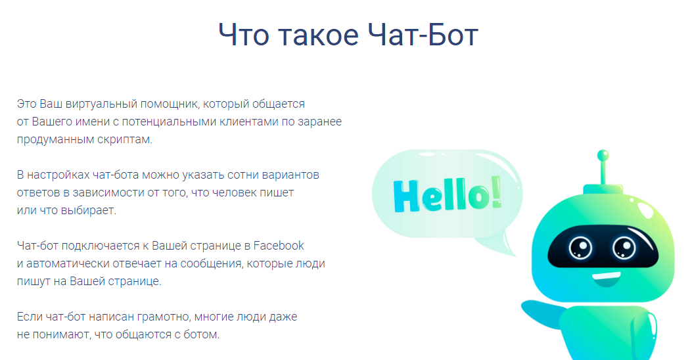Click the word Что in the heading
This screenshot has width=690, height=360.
243,35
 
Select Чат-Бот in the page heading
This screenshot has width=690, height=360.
423,35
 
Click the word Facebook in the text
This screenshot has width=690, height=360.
279,245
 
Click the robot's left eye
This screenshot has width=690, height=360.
580,248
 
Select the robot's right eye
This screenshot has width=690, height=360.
624,248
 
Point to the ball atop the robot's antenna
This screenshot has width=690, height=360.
603,155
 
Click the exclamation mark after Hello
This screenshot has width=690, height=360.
496,191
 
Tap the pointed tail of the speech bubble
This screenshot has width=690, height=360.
509,247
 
